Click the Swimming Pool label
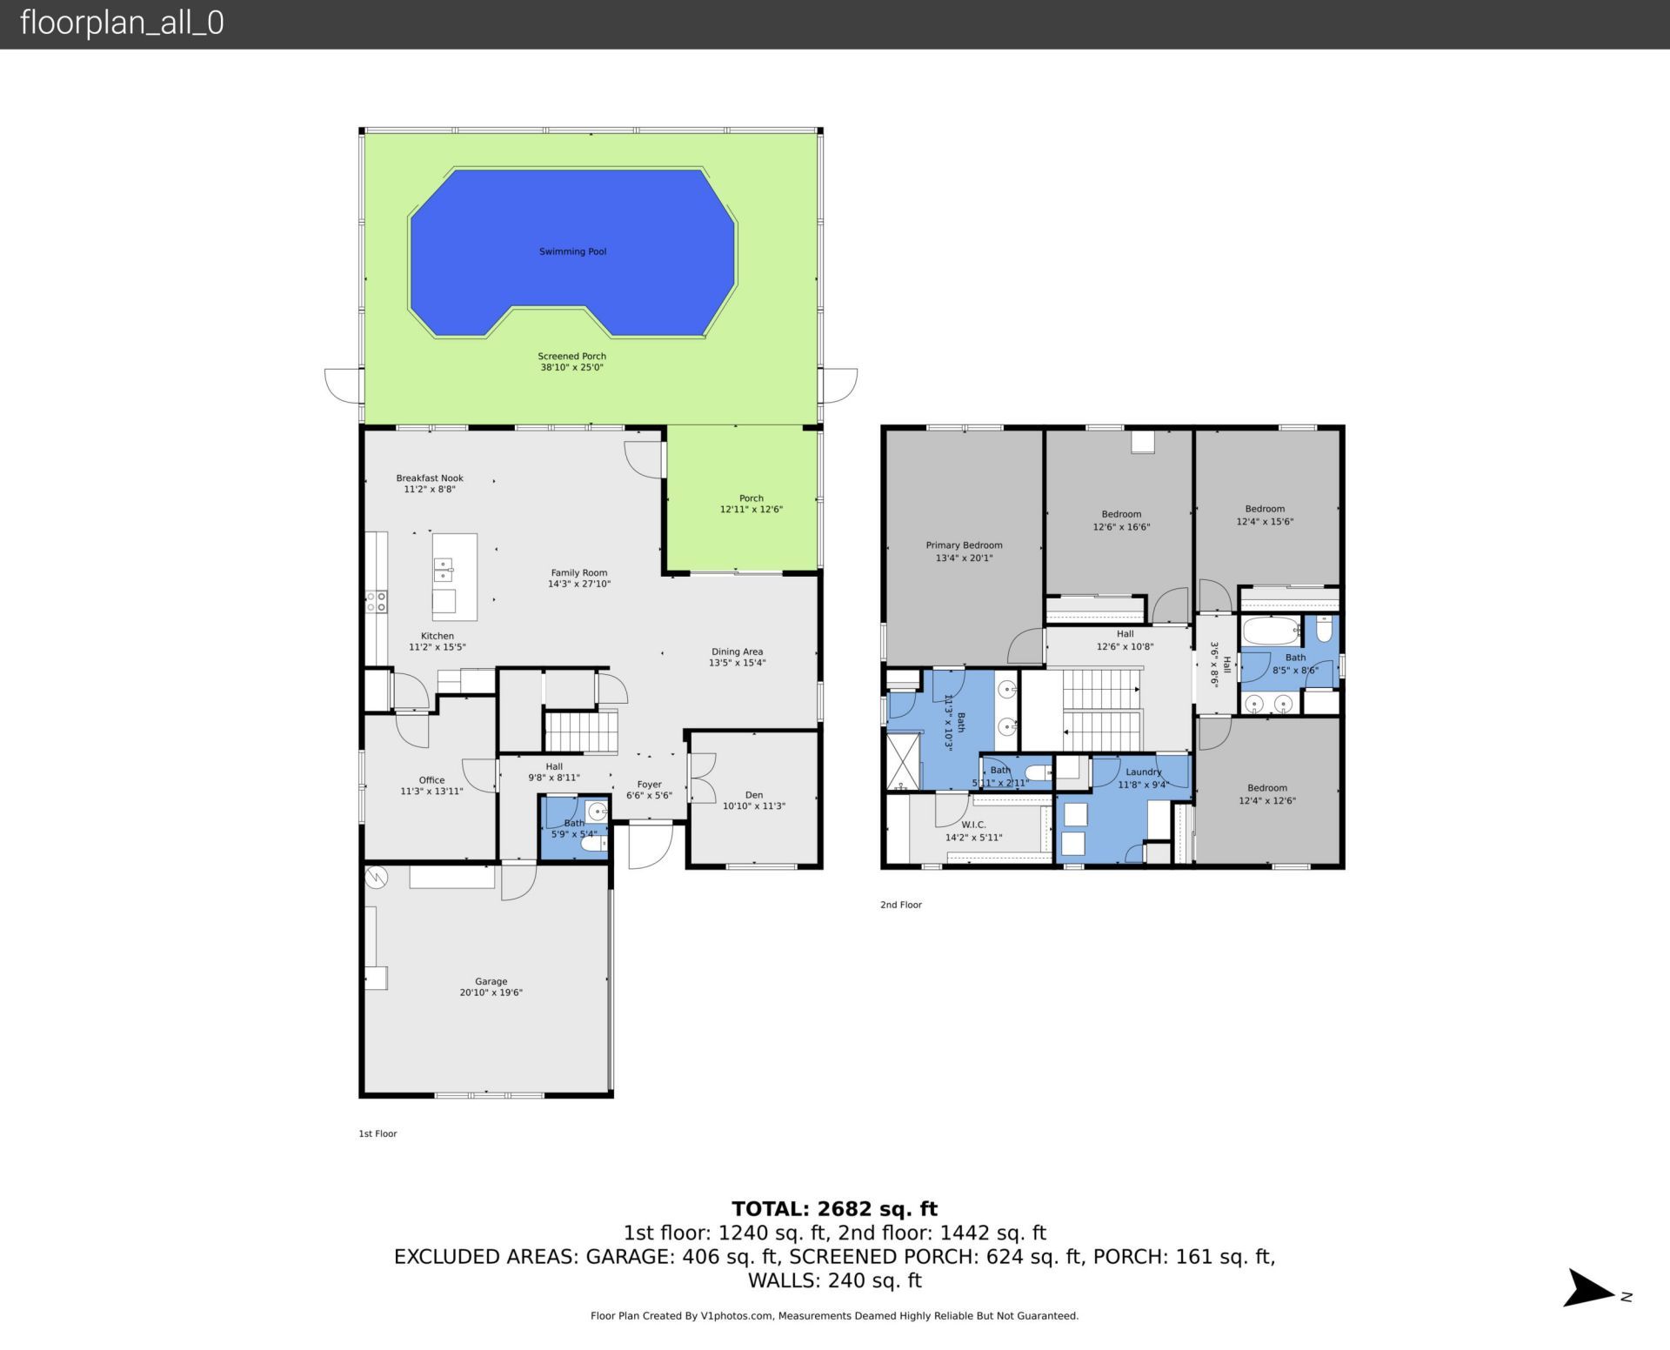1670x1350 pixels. (572, 251)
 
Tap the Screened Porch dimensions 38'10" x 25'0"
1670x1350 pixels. (571, 368)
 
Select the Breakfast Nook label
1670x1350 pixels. (430, 478)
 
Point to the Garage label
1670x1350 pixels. (491, 981)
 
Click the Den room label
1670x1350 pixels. (753, 794)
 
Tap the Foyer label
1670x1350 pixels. (649, 785)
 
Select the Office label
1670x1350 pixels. (431, 780)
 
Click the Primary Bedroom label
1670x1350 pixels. (964, 545)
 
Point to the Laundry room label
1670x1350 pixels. (1143, 772)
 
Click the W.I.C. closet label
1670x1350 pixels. (973, 825)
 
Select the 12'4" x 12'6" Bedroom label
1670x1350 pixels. (1266, 788)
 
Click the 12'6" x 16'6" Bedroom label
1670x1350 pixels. (1121, 514)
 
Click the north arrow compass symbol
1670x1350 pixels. (1591, 1288)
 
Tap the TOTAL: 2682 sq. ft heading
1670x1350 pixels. (834, 1208)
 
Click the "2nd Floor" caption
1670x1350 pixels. (900, 905)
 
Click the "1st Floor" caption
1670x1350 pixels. (377, 1133)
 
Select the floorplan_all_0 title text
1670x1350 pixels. (122, 23)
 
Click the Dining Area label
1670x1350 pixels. (737, 652)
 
